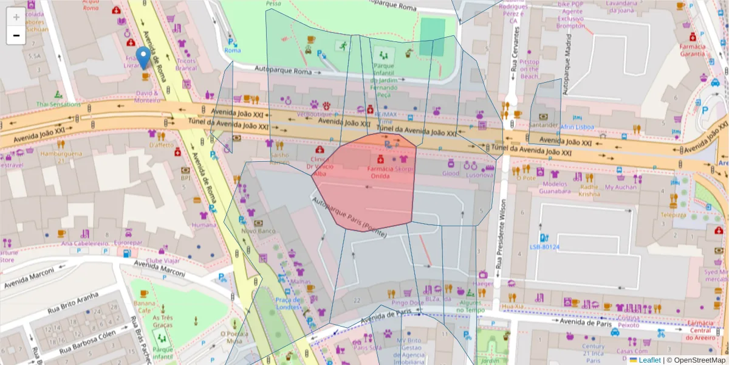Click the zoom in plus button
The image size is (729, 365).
tap(16, 17)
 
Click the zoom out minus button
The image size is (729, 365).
tap(16, 35)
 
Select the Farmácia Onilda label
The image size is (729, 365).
tap(381, 172)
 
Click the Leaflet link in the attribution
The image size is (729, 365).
tap(649, 360)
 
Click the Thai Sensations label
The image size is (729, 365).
tap(58, 104)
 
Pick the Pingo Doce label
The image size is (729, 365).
tap(408, 302)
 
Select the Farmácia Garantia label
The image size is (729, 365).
tap(692, 50)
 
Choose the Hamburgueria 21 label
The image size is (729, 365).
tap(61, 158)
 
